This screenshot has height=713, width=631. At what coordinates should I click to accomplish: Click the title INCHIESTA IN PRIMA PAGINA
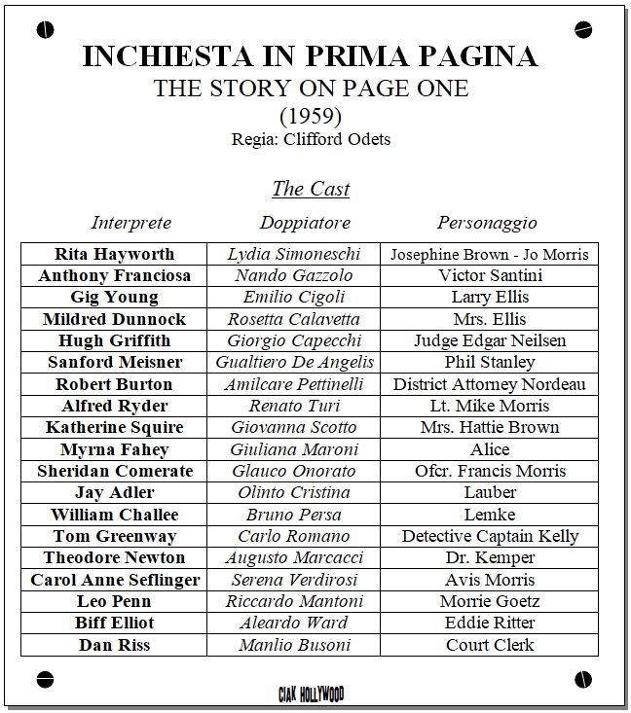(310, 55)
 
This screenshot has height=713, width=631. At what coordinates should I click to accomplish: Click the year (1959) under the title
(311, 116)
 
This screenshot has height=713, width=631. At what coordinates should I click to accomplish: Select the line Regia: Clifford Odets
(311, 139)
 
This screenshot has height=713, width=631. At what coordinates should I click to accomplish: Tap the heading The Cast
(311, 189)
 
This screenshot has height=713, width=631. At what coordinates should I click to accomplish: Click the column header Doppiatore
(305, 223)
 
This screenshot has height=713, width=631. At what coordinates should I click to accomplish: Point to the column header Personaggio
(487, 223)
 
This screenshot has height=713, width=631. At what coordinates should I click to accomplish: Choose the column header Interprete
(131, 223)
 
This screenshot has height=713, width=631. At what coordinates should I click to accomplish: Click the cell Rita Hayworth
(114, 254)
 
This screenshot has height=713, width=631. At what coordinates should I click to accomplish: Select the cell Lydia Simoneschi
(293, 254)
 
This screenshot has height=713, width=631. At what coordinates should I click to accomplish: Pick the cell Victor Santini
(490, 275)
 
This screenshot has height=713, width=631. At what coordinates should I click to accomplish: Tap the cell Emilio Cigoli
(293, 297)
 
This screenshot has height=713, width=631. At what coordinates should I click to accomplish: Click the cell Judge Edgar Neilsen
(490, 340)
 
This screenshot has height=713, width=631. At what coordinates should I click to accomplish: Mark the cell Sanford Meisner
(114, 362)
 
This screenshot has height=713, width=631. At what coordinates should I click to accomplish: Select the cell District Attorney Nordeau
(490, 384)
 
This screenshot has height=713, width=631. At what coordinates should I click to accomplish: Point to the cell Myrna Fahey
(114, 449)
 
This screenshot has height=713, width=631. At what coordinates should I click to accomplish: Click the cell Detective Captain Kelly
(490, 536)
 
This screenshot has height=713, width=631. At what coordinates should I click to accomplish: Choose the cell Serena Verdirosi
(293, 580)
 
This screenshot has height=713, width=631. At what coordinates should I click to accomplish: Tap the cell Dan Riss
(114, 645)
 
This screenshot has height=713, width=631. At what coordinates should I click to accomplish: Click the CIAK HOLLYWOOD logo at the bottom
(311, 694)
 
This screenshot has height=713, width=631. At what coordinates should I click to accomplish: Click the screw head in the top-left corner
(44, 30)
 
